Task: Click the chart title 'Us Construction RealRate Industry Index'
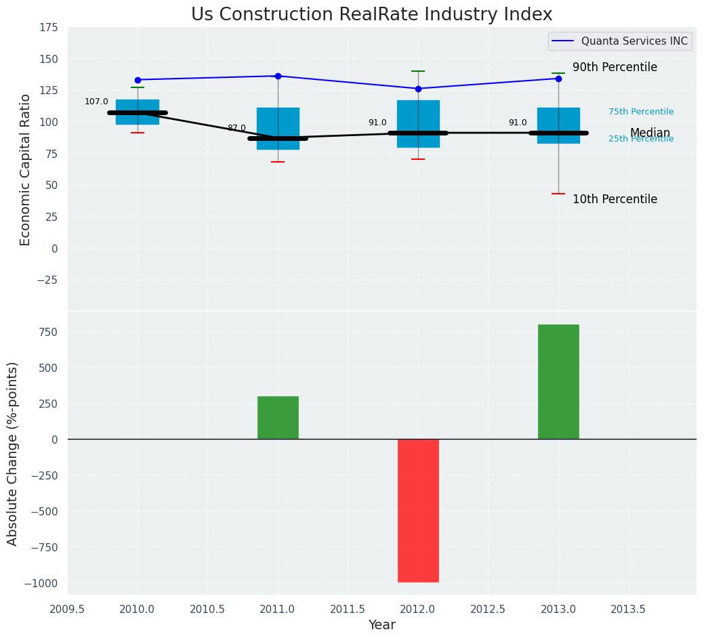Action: click(371, 15)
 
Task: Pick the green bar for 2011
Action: click(278, 417)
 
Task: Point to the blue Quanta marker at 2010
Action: click(138, 80)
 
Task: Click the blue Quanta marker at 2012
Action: click(418, 89)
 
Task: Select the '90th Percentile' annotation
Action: click(615, 68)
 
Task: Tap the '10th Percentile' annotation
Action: click(615, 199)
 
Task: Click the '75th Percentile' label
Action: click(640, 112)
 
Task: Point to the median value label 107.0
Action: click(96, 102)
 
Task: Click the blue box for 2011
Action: click(278, 122)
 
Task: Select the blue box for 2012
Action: click(418, 115)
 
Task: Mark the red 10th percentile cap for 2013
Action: click(558, 194)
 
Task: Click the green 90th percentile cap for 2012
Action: click(418, 71)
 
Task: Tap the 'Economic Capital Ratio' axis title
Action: click(26, 169)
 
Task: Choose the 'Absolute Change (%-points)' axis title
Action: click(13, 453)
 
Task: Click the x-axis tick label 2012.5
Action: click(488, 609)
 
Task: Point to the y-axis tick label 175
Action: click(49, 28)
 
